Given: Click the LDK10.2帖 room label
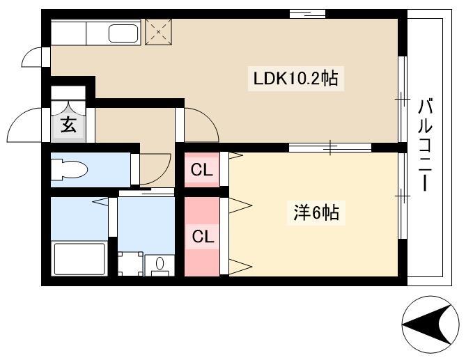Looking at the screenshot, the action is point(296,79).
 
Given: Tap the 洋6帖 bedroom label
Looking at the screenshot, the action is point(316,212).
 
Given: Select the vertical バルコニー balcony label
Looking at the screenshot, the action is point(426,146).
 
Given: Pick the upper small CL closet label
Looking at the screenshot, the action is point(202,170).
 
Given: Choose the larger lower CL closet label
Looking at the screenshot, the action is point(203,237).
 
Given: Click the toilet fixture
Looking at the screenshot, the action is point(70,170).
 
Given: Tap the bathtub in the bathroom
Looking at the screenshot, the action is point(79,259).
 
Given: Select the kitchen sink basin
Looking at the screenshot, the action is point(123,33).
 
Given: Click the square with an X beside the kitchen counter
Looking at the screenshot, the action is point(158,32).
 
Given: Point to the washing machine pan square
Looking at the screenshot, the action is point(130,264).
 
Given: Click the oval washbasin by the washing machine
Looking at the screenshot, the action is point(160,263).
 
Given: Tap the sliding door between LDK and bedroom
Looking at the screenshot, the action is point(330,148).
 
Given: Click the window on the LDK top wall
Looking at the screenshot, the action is point(308,14).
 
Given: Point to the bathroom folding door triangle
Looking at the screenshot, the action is point(101,202).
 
